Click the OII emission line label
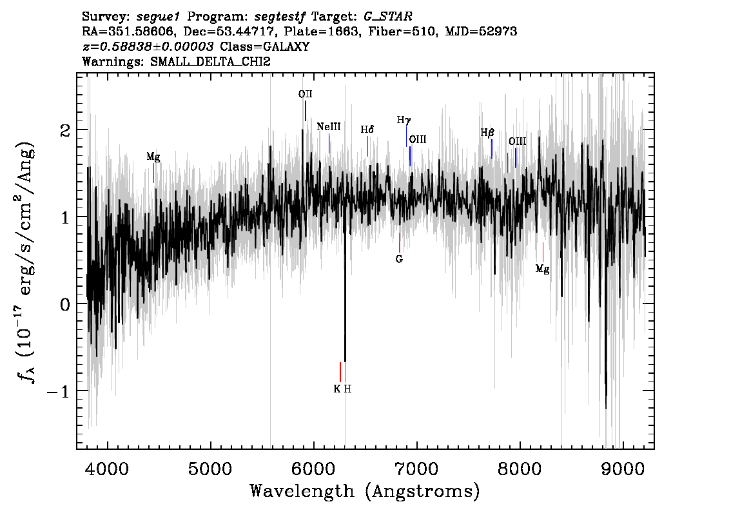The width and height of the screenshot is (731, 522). (x=306, y=94)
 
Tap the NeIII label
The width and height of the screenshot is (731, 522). (x=329, y=127)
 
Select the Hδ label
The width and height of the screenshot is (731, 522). (x=367, y=130)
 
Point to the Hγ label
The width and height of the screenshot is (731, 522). (x=404, y=121)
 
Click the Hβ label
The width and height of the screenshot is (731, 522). (x=487, y=133)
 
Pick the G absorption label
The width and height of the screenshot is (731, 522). (x=399, y=259)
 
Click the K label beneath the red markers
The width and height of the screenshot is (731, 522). (x=337, y=389)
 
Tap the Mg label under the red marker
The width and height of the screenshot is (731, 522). (x=542, y=269)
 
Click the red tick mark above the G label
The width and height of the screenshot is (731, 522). (x=400, y=242)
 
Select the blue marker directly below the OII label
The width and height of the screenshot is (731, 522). (x=306, y=111)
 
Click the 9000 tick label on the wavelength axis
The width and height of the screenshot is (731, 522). (x=622, y=469)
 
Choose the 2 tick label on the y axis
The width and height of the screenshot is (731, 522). (x=65, y=130)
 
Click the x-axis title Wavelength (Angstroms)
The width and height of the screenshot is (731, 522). (x=365, y=491)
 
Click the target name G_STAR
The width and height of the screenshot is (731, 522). (x=388, y=17)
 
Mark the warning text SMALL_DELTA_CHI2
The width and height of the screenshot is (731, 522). (x=210, y=61)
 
